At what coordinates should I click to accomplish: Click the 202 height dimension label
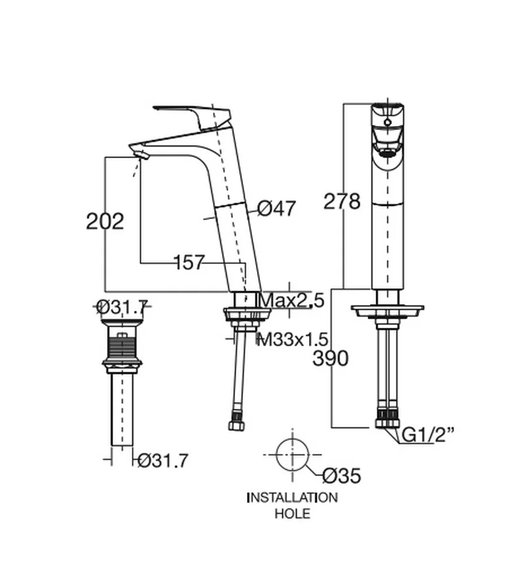(x=105, y=221)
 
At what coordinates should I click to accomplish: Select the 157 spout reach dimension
(x=189, y=262)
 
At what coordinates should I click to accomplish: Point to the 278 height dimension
(x=342, y=202)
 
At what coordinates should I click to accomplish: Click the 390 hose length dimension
(x=330, y=359)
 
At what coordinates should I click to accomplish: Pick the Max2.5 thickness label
(x=292, y=301)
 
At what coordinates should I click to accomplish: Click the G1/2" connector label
(x=428, y=435)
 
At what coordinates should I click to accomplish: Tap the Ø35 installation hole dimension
(x=342, y=476)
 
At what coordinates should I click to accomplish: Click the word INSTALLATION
(x=292, y=497)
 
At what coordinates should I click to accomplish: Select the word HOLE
(x=292, y=514)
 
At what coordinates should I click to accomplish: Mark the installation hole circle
(x=292, y=439)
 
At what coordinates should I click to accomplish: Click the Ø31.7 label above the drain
(x=122, y=307)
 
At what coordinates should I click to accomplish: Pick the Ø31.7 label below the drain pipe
(x=163, y=461)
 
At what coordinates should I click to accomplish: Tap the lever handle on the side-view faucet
(x=192, y=115)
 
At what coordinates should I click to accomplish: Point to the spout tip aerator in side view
(x=140, y=154)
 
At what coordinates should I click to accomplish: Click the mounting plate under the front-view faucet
(x=387, y=311)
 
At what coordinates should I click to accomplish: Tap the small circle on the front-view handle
(x=388, y=122)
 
